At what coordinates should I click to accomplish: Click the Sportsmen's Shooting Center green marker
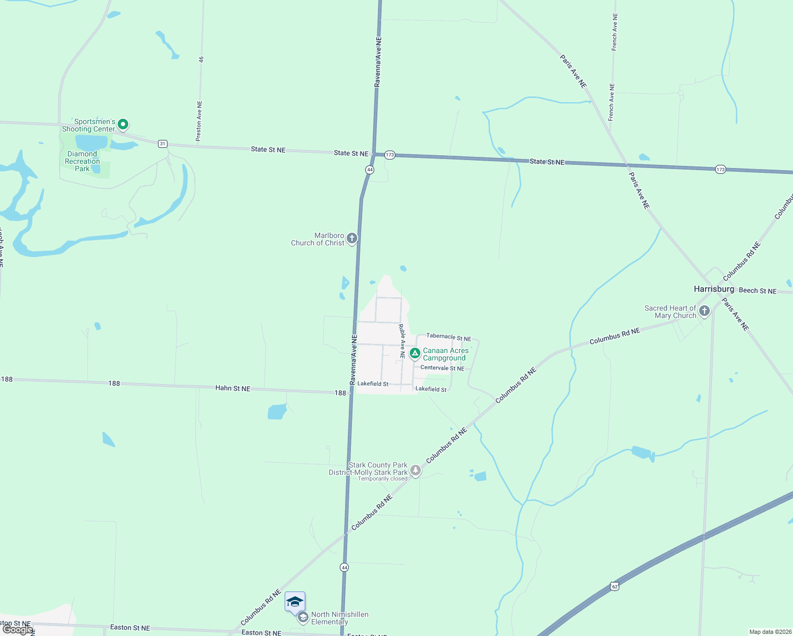(x=123, y=125)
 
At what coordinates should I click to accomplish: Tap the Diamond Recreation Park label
(x=82, y=161)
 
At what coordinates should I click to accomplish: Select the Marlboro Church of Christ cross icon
(x=352, y=238)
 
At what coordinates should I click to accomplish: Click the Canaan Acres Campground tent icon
(x=415, y=353)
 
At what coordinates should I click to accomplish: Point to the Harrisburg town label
(x=714, y=289)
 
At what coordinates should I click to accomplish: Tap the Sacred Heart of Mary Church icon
(x=704, y=311)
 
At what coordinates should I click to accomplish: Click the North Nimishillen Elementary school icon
(x=303, y=617)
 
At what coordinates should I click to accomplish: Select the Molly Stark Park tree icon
(x=416, y=470)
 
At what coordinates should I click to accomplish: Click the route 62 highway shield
(x=614, y=586)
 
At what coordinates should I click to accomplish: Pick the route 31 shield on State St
(x=163, y=144)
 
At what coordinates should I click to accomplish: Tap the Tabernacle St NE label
(x=448, y=337)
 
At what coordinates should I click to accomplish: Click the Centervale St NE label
(x=442, y=368)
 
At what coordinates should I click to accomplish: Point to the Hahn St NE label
(x=233, y=388)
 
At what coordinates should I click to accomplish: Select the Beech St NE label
(x=757, y=290)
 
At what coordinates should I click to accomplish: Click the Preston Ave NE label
(x=199, y=121)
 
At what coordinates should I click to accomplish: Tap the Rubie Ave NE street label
(x=402, y=341)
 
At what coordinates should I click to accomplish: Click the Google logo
(x=17, y=629)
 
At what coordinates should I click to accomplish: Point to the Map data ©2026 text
(x=770, y=632)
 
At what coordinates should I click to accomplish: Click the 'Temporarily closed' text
(x=382, y=479)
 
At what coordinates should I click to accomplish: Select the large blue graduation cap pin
(x=295, y=602)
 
